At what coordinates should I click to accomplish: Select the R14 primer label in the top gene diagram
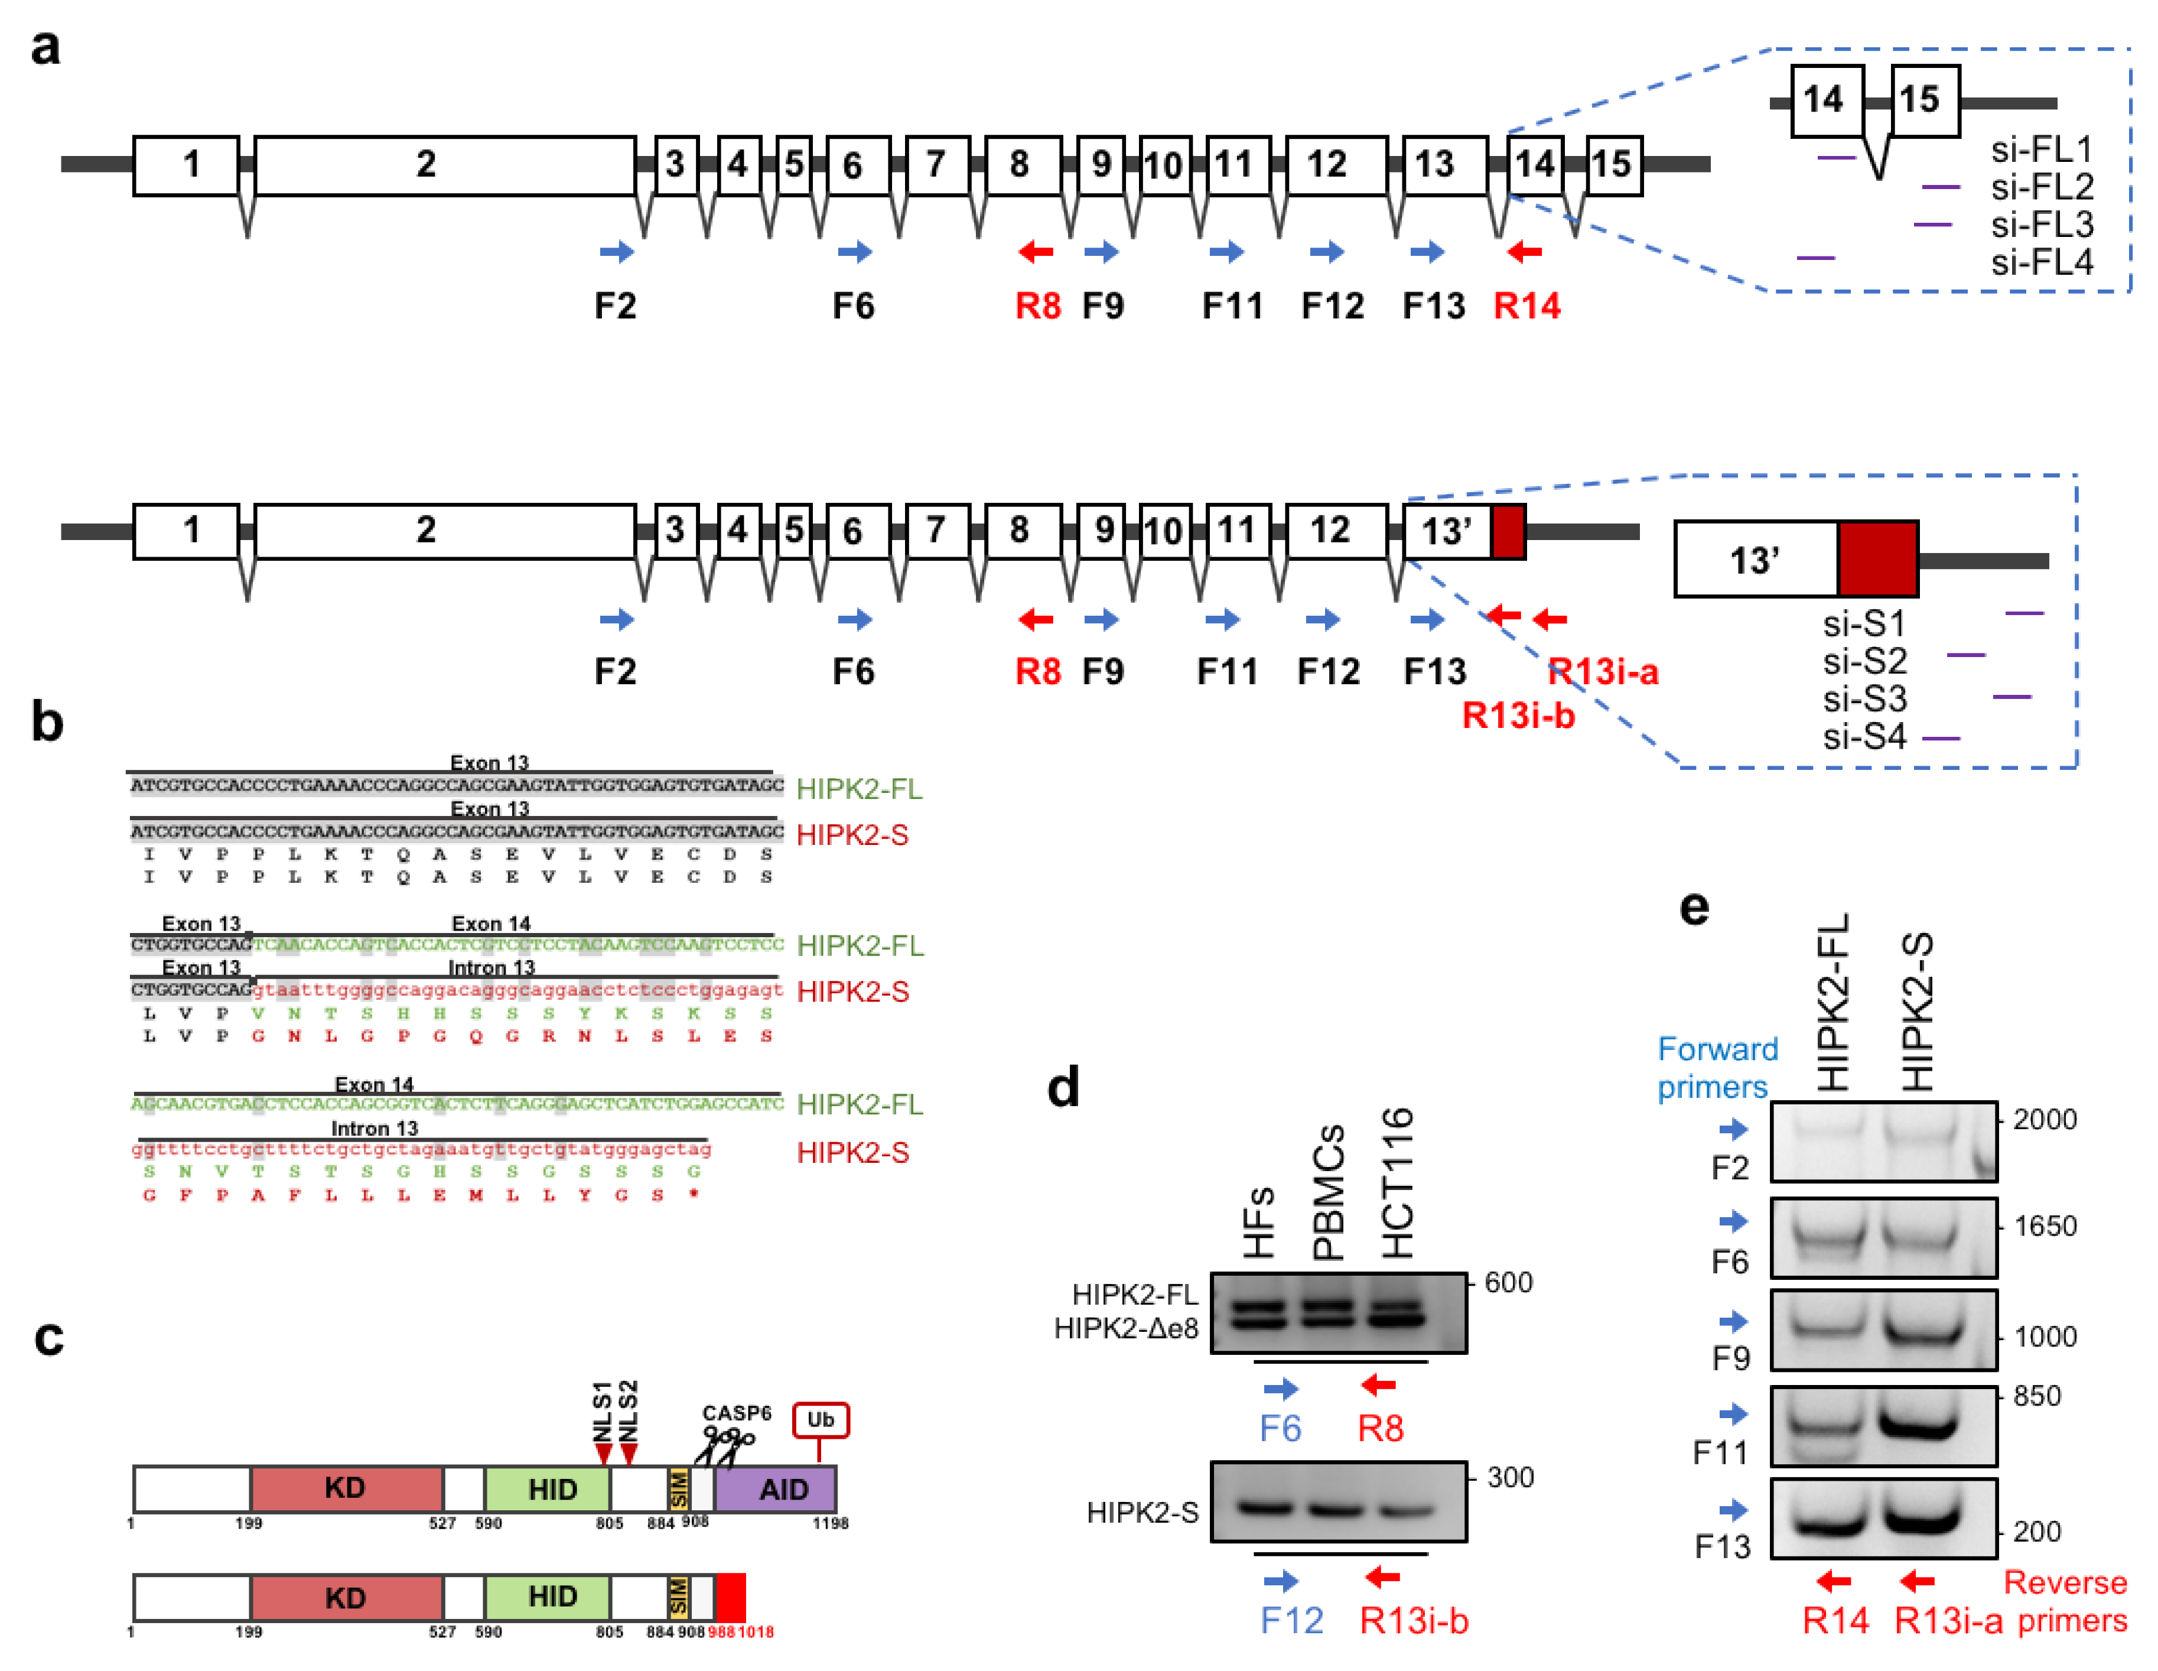point(1526,306)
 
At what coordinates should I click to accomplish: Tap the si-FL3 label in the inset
point(2042,225)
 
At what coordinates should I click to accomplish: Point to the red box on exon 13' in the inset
point(1877,560)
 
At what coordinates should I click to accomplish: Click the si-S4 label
point(1864,737)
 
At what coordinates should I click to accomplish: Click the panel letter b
point(47,723)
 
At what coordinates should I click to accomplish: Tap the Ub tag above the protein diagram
point(820,1420)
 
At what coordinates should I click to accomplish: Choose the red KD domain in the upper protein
point(346,1489)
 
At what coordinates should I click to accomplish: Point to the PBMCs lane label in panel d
point(1330,1191)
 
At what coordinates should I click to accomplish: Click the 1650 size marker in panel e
point(2045,1226)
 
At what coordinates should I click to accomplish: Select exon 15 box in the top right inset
point(1925,100)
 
